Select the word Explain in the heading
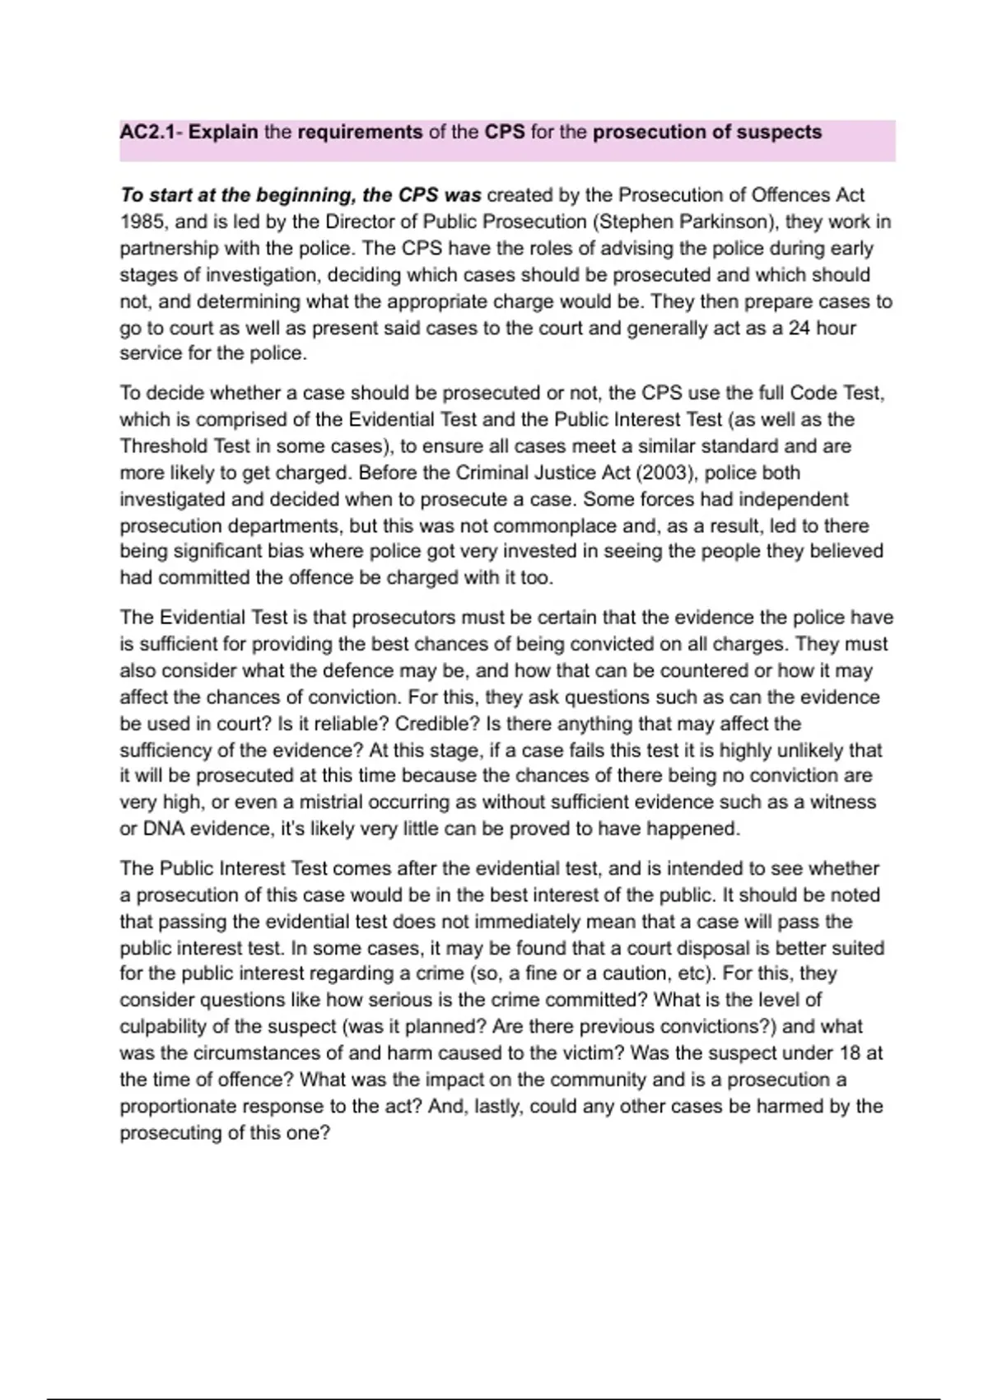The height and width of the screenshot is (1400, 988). click(x=223, y=132)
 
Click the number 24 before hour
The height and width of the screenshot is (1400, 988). click(x=799, y=328)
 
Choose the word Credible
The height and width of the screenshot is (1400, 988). click(x=435, y=724)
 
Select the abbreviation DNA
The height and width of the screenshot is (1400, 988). click(x=163, y=828)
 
